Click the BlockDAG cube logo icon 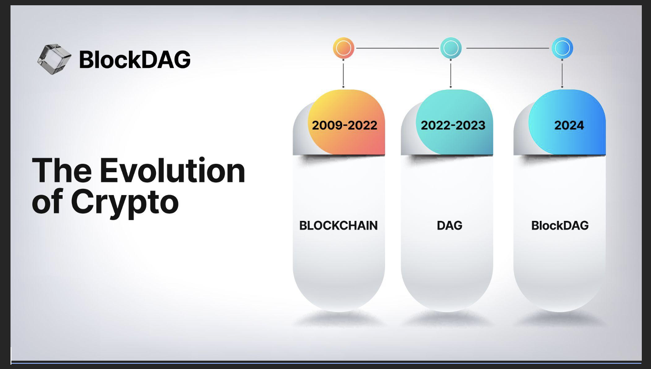coord(54,59)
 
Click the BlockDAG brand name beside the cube coord(135,59)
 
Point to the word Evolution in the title coord(173,170)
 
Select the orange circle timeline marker coord(343,48)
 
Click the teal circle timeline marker coord(451,48)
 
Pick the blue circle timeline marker coord(563,48)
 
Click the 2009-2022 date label coord(344,125)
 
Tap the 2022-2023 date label coord(453,125)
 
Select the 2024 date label coord(569,125)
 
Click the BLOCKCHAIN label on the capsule coord(339,226)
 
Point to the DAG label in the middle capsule coord(449,226)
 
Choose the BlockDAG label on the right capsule coord(560,226)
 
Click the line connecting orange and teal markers coord(397,48)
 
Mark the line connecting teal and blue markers coord(507,48)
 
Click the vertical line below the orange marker coord(343,73)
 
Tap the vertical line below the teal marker coord(451,73)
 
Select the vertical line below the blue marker coord(562,73)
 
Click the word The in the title coord(62,170)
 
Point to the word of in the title coord(47,202)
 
